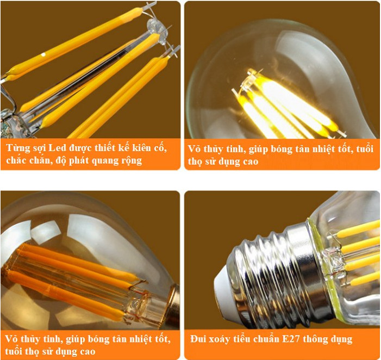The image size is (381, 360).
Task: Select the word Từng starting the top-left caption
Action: click(18, 148)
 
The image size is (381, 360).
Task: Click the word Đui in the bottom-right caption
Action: click(198, 339)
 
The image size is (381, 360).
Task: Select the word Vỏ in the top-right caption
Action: click(194, 148)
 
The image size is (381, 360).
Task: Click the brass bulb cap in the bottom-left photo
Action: click(172, 305)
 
